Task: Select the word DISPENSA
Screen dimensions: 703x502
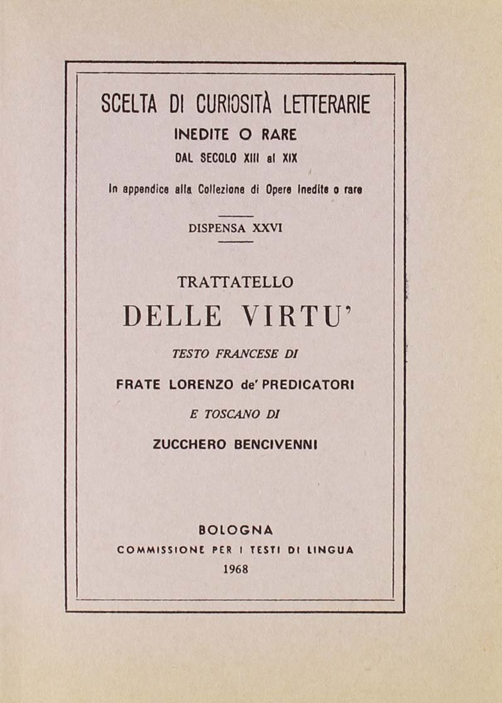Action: coord(218,229)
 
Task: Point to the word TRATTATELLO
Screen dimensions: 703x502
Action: coord(235,283)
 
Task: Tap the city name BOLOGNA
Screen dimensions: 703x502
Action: coord(235,530)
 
